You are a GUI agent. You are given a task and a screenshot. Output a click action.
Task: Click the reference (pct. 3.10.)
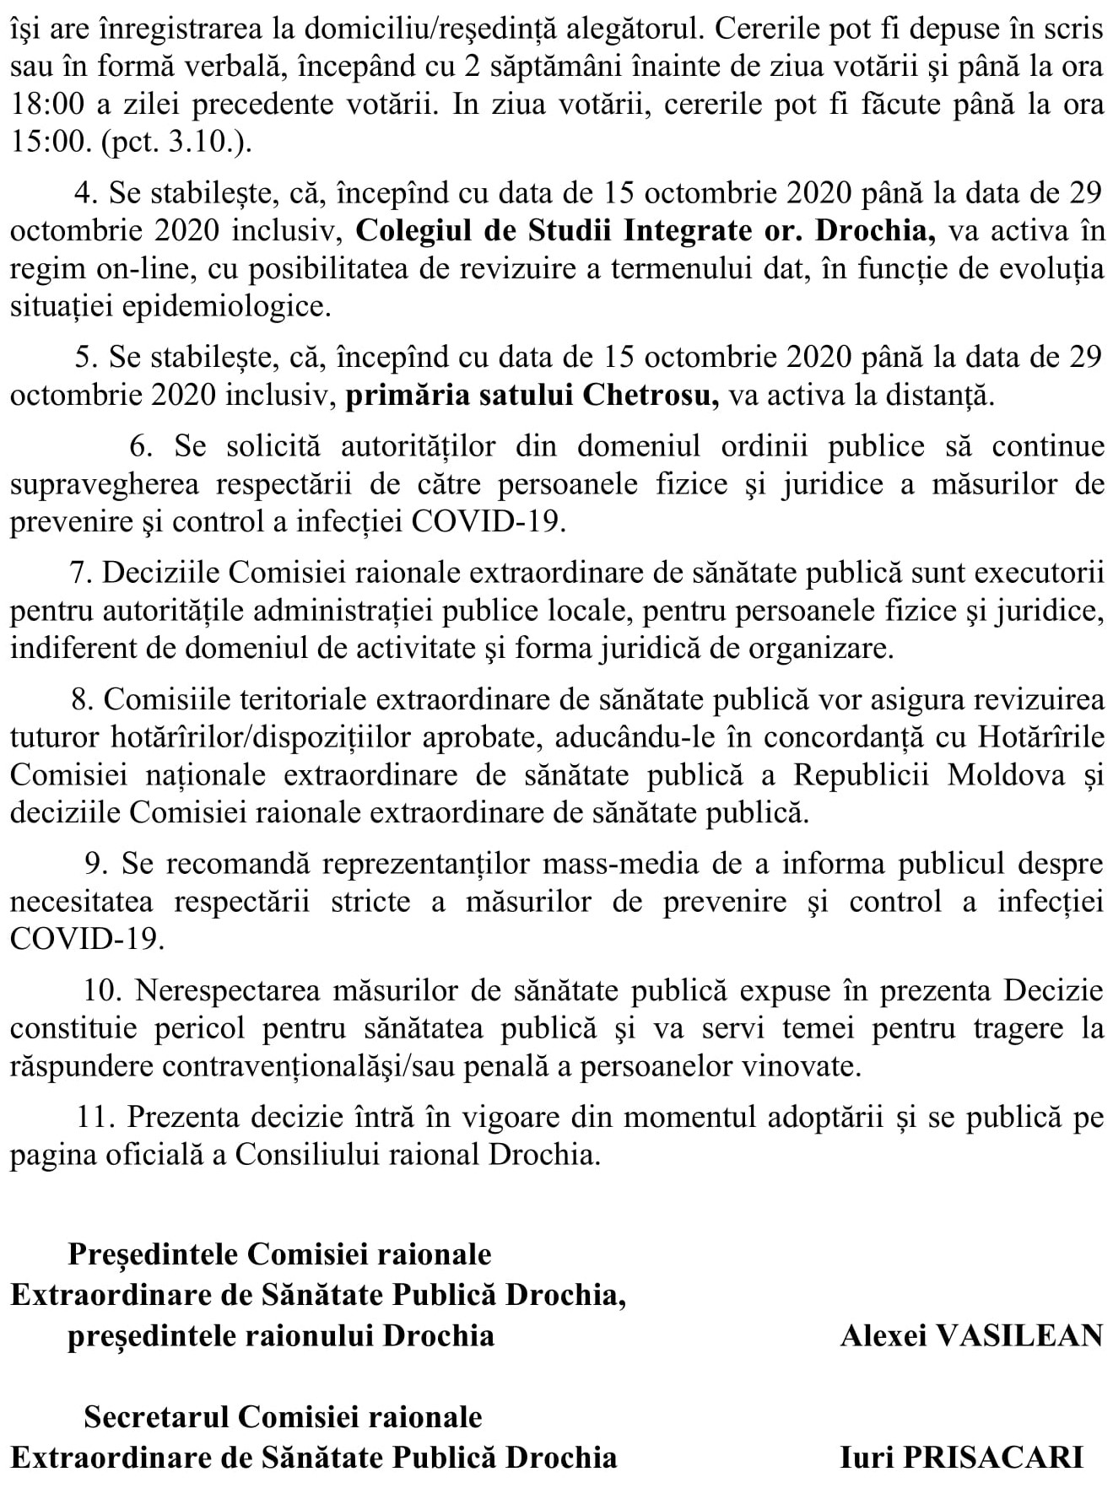click(176, 142)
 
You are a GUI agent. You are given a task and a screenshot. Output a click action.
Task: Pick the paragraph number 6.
click(141, 446)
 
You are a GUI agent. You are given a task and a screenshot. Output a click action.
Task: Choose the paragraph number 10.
click(103, 989)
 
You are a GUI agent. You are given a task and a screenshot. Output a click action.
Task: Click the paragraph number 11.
click(95, 1117)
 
